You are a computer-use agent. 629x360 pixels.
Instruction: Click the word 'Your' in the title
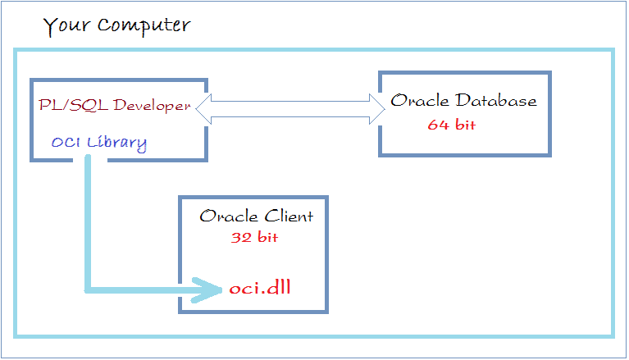67,26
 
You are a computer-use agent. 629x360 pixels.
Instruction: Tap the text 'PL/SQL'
73,105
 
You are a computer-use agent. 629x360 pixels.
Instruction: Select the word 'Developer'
152,106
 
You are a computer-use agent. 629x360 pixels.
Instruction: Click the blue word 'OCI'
66,142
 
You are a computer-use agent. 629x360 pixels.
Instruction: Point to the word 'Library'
116,144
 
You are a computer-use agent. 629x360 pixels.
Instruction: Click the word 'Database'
495,100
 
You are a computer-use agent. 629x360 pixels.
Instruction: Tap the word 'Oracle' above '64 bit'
420,100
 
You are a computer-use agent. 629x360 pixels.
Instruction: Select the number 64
438,125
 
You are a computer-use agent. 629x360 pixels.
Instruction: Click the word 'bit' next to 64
465,125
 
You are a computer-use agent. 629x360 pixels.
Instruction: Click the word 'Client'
289,216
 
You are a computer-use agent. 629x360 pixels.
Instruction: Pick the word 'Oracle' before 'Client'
229,216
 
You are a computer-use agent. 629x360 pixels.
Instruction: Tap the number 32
241,238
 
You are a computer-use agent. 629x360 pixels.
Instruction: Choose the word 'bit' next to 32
267,237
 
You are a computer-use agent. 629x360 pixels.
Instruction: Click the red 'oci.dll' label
260,287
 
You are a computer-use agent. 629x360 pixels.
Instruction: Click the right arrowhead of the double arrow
377,109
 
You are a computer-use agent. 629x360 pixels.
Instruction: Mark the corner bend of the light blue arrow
88,289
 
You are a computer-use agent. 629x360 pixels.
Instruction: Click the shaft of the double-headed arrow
290,109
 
